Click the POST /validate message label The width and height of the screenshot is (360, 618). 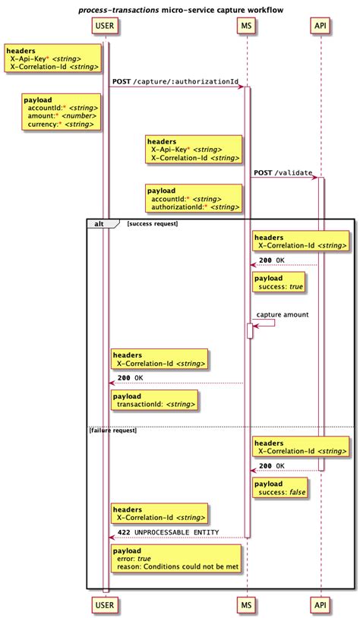283,172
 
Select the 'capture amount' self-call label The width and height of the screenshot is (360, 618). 282,314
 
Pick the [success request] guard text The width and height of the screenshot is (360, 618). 152,224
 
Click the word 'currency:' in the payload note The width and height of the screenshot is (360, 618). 44,125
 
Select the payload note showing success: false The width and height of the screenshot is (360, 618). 280,488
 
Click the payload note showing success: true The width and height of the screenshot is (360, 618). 279,282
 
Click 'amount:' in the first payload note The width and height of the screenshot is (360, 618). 41,116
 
